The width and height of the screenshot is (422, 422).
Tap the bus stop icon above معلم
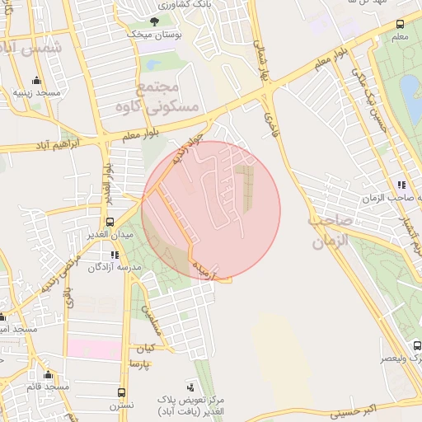click(x=400, y=25)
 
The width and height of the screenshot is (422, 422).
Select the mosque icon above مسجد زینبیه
click(x=36, y=81)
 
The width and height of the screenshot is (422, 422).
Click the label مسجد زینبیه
click(x=36, y=93)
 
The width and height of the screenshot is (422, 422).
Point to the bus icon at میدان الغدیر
click(x=110, y=223)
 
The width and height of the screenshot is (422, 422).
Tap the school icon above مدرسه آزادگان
click(x=114, y=255)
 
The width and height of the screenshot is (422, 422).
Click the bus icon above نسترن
click(x=121, y=393)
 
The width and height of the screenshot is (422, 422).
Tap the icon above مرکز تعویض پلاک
click(x=191, y=386)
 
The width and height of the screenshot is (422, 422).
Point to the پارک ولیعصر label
click(x=400, y=359)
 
